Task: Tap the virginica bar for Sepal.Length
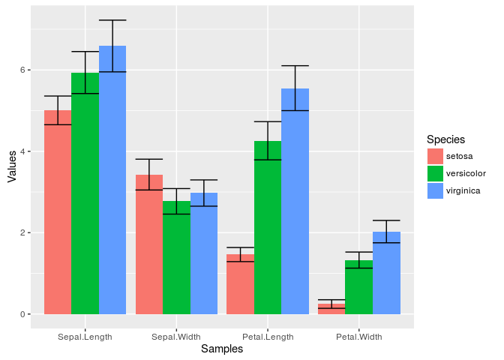click(112, 180)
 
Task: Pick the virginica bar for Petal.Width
click(386, 273)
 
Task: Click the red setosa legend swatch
click(435, 156)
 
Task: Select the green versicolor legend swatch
click(435, 173)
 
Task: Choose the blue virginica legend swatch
click(435, 190)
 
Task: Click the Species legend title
click(445, 139)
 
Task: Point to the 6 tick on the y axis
click(22, 70)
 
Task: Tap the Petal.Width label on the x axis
click(358, 337)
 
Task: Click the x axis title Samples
click(222, 349)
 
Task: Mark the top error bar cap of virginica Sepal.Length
click(112, 20)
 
